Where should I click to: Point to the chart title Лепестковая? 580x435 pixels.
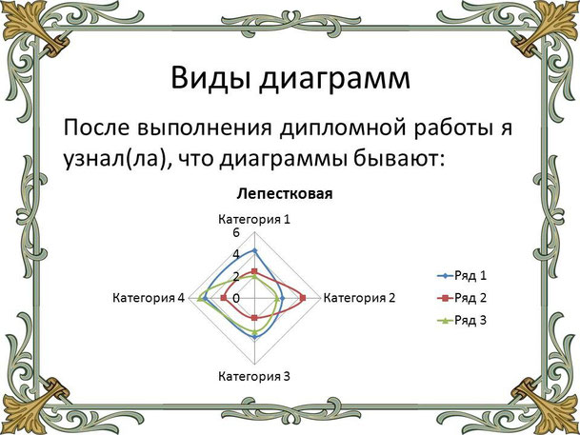pos(285,193)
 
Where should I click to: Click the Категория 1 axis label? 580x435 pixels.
pos(254,219)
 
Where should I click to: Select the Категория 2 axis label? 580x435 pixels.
pos(360,298)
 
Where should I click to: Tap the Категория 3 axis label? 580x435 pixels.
pos(254,376)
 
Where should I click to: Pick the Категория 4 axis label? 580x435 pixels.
pos(149,298)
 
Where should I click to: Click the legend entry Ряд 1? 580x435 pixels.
pos(462,276)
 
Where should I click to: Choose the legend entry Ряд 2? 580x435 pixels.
pos(462,298)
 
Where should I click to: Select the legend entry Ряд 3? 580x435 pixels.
pos(462,320)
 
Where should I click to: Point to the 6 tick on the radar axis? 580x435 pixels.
pos(236,233)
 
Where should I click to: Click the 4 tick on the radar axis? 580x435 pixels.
pos(236,254)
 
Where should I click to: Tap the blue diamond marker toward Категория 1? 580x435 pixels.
pos(254,251)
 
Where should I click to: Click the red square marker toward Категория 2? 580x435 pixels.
pos(303,298)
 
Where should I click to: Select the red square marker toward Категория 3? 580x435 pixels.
pos(254,318)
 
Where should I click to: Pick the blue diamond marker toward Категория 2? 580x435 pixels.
pos(282,298)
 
